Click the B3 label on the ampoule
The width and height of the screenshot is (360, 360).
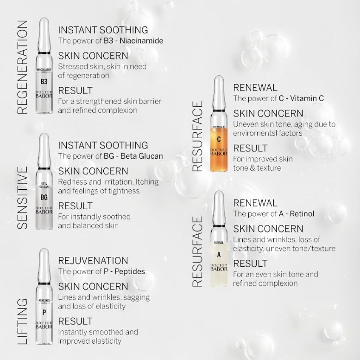click(x=44, y=82)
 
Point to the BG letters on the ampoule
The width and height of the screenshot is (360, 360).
click(x=44, y=197)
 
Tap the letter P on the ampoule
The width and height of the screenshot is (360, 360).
click(x=44, y=312)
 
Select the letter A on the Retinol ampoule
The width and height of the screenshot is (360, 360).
click(x=219, y=254)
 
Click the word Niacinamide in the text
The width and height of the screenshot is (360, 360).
click(x=141, y=41)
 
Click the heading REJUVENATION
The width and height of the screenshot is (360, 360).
click(x=93, y=261)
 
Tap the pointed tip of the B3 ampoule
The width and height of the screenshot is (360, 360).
click(x=44, y=21)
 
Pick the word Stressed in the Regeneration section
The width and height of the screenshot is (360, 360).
click(x=73, y=67)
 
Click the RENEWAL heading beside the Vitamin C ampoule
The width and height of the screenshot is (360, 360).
click(x=255, y=88)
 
